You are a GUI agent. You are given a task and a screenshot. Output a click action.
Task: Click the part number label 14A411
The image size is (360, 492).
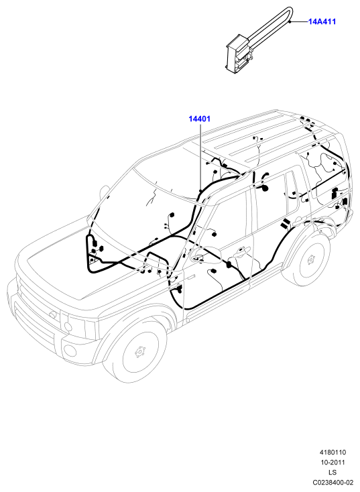tap(322, 21)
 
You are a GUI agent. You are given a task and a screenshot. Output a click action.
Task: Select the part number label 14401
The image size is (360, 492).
tap(199, 119)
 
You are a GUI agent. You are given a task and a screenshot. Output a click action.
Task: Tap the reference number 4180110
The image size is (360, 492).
tap(333, 452)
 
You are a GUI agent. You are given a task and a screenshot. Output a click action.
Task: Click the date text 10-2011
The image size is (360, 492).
tap(333, 463)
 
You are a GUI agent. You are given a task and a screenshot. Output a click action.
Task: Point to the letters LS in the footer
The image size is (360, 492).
tap(333, 473)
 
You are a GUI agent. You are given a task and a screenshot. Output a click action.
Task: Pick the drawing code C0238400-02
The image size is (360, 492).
tap(333, 482)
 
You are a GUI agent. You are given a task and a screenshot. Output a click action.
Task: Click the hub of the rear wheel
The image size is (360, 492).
tap(310, 259)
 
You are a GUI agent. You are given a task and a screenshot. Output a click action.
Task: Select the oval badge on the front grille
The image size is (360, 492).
tap(52, 314)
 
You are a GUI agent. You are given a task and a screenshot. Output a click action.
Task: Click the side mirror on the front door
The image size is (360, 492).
tap(204, 255)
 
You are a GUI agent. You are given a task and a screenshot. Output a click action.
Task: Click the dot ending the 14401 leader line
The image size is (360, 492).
tap(200, 190)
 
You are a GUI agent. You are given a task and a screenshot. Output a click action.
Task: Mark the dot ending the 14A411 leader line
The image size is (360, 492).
tap(290, 21)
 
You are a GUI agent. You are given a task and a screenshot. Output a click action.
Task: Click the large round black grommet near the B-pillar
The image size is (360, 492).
tap(264, 188)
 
